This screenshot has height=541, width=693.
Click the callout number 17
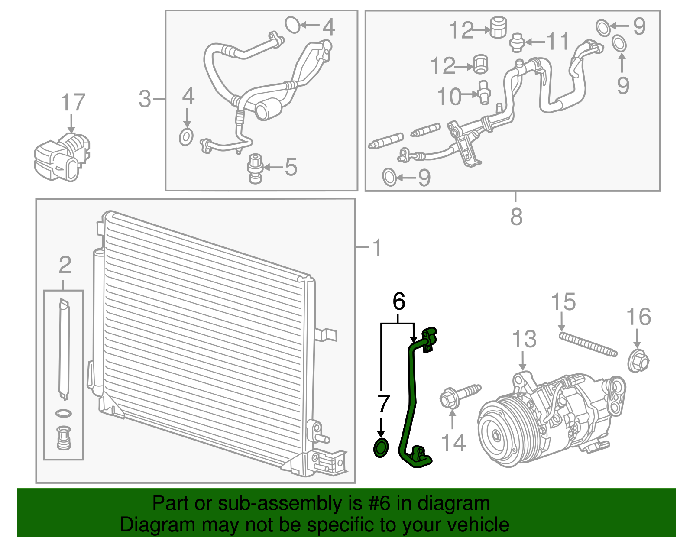[x=73, y=103]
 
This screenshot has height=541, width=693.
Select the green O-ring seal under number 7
[x=381, y=448]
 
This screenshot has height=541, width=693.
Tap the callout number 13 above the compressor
[x=524, y=339]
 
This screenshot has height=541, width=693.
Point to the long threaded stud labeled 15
[x=588, y=344]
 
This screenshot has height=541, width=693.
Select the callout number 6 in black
[x=398, y=301]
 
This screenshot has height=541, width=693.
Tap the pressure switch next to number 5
[x=255, y=168]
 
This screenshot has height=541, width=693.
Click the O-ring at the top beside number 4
[x=293, y=25]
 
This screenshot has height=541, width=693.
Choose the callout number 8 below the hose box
[x=516, y=216]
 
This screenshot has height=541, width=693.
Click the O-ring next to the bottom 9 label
[x=389, y=177]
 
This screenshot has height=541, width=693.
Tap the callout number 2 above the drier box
[x=65, y=265]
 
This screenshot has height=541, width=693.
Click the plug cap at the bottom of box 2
[x=64, y=437]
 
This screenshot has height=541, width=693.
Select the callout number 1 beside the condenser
[x=377, y=247]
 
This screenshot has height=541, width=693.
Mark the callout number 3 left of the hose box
[x=145, y=99]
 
